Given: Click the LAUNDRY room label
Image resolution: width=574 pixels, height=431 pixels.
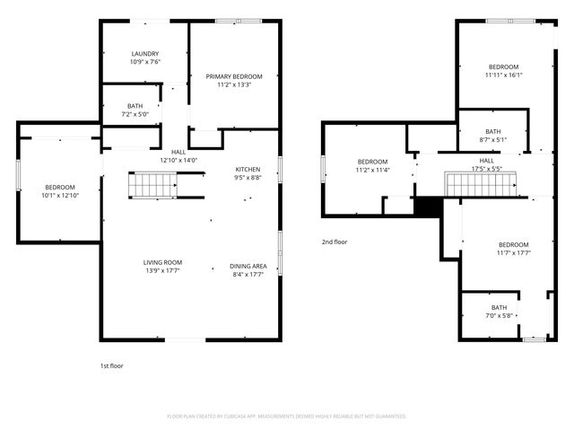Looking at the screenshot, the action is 145,54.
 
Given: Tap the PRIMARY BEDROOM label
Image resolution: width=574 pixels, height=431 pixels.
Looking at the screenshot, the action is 234,76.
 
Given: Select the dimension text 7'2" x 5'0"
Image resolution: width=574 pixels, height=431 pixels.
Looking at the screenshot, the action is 135,114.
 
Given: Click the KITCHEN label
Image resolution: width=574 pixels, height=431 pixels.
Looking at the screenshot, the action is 248,170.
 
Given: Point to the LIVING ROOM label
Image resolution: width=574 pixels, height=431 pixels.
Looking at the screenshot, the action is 162,262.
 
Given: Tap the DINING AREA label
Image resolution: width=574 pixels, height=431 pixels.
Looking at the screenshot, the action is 248,266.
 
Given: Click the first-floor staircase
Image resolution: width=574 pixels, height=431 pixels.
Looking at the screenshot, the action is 152,185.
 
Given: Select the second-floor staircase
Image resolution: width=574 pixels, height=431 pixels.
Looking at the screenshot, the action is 481,183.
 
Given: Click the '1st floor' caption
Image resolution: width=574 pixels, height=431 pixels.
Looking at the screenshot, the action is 111,365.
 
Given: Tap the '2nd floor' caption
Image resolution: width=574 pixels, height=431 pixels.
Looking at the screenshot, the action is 335,242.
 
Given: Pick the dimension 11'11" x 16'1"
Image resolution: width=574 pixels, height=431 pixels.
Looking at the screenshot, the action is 504,75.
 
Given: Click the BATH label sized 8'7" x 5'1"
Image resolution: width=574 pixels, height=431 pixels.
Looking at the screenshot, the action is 493,131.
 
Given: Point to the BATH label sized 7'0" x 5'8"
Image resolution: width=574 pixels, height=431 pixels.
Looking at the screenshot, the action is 500,307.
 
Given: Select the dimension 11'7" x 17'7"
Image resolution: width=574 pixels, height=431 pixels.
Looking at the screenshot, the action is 514,252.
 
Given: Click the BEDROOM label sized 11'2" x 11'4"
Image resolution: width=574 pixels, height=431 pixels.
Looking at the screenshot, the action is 373,162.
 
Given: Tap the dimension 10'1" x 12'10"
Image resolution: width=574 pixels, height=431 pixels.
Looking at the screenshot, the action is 60,196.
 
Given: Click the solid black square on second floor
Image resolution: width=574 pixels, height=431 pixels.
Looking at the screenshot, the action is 429,206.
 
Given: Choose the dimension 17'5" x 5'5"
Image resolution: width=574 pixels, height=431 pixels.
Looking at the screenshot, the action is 486,169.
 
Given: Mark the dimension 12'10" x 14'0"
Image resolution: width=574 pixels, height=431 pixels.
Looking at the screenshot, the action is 178,160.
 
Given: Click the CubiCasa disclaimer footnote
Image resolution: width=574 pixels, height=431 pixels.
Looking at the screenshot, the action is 287,417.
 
